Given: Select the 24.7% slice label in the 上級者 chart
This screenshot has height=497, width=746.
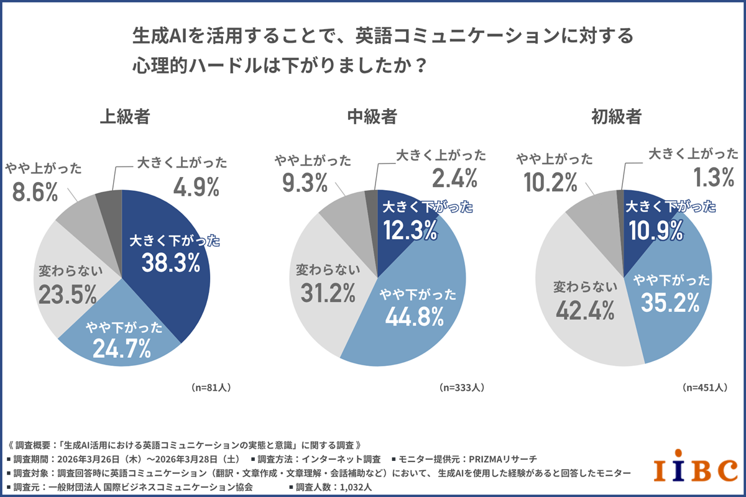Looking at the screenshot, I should pos(122,349).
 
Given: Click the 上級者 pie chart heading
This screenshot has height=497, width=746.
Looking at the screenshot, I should pos(125,117).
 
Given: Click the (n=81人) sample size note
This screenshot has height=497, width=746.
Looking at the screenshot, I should pos(212,387).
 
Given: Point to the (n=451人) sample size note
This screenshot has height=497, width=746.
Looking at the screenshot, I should pos(704,387).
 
